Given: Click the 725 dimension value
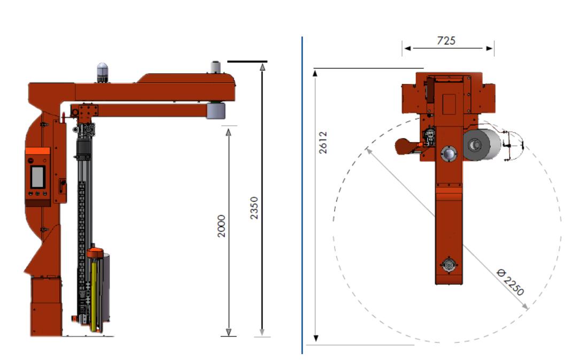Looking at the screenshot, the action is [x=446, y=40].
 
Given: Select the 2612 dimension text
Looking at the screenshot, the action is [x=323, y=142].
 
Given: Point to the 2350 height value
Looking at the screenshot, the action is [x=254, y=208].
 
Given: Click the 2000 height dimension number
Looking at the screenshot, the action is [x=221, y=226].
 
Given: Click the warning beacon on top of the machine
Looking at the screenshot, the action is [x=103, y=73].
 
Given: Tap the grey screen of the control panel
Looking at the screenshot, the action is [x=38, y=177].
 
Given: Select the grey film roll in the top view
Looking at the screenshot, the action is [x=482, y=144].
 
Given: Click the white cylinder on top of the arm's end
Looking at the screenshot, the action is [x=215, y=67].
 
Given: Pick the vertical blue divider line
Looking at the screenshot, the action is [x=302, y=195].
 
